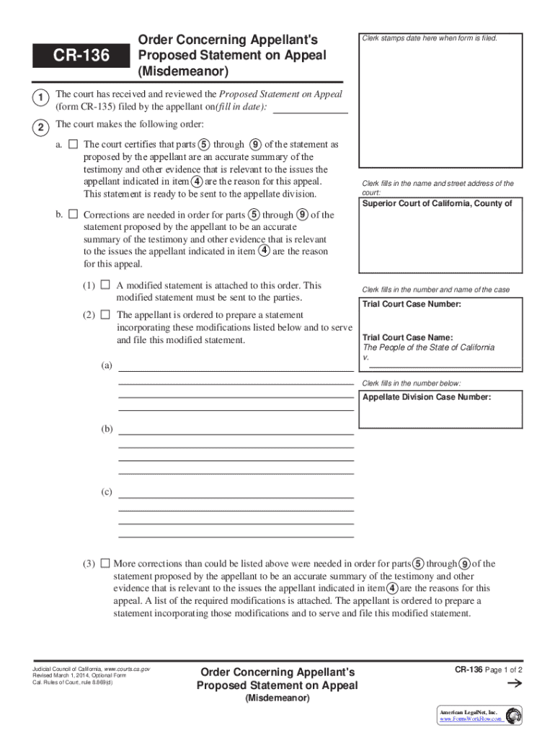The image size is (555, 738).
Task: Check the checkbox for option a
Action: click(x=73, y=144)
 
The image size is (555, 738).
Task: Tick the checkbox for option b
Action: click(x=73, y=214)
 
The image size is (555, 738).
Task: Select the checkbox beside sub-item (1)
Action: click(x=105, y=285)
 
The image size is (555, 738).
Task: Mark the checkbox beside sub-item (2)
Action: click(x=105, y=314)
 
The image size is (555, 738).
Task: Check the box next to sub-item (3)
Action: click(x=105, y=563)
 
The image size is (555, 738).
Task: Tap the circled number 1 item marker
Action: click(x=41, y=97)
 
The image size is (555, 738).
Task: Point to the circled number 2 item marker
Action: click(x=41, y=128)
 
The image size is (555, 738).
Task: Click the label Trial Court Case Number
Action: click(x=412, y=304)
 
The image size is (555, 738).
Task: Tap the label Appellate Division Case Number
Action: click(x=427, y=397)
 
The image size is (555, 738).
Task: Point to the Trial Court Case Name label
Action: click(x=407, y=337)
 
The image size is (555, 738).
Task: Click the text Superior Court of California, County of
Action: click(x=437, y=203)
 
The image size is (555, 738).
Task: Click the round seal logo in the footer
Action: click(x=514, y=716)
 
